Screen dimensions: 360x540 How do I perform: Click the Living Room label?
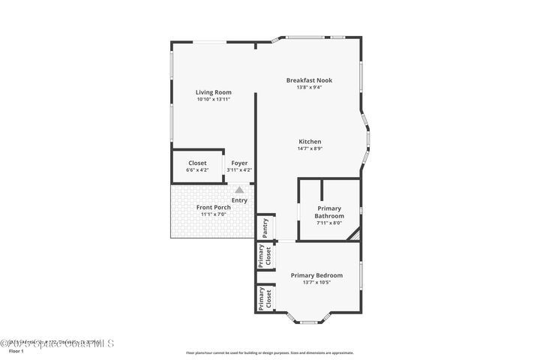[214, 92]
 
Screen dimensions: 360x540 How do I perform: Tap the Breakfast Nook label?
[309, 80]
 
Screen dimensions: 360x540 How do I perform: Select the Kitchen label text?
[310, 142]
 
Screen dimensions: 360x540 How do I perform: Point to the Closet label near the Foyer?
[197, 163]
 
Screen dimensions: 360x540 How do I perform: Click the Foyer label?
[239, 163]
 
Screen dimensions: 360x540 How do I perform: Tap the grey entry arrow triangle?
[239, 190]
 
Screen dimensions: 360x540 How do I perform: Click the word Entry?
[239, 200]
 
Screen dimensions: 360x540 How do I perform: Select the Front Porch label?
[214, 207]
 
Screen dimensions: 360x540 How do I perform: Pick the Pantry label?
[265, 228]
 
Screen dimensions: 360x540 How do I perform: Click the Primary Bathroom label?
[328, 212]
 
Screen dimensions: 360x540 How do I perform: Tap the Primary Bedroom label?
[316, 275]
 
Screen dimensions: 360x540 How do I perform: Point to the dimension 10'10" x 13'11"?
[214, 99]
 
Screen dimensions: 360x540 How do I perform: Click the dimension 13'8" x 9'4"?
[309, 87]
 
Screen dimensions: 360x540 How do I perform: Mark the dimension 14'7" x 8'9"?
[310, 148]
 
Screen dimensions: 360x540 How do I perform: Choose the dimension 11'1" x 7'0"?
[214, 214]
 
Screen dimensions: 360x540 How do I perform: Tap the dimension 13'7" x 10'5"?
[316, 283]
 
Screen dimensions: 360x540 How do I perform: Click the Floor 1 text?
[16, 351]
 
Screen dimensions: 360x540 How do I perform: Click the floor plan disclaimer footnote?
[269, 352]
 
